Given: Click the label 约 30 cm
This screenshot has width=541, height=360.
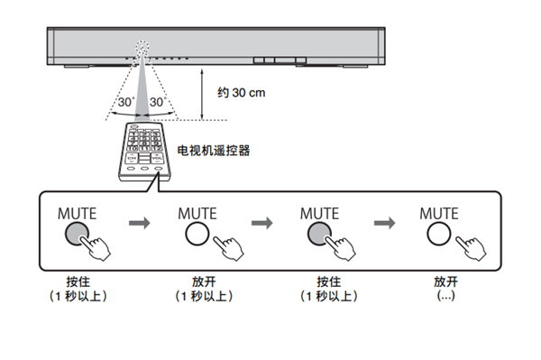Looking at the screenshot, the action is pyautogui.click(x=241, y=93).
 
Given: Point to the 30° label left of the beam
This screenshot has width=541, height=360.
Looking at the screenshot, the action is pyautogui.click(x=126, y=102).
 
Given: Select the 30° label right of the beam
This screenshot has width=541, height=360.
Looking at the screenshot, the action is pyautogui.click(x=158, y=102).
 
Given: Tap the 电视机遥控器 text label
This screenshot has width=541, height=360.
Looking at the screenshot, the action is pyautogui.click(x=213, y=151).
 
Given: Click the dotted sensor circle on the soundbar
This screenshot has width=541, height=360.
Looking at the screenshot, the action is pyautogui.click(x=142, y=46).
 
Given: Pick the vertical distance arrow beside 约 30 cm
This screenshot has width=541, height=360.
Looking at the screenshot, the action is pyautogui.click(x=202, y=94).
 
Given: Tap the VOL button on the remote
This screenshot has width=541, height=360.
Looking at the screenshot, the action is pyautogui.click(x=157, y=158).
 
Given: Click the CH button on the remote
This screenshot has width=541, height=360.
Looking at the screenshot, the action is pyautogui.click(x=132, y=158).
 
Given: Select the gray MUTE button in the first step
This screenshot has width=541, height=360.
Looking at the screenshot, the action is pyautogui.click(x=77, y=234).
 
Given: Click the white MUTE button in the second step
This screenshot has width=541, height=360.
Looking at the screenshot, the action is pyautogui.click(x=197, y=234).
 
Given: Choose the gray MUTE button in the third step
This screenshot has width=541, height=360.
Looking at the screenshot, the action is pyautogui.click(x=319, y=234).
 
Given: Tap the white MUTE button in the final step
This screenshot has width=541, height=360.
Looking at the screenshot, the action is pyautogui.click(x=439, y=234).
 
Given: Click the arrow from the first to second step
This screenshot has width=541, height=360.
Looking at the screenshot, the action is pyautogui.click(x=140, y=223).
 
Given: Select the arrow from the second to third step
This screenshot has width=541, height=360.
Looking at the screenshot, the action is pyautogui.click(x=261, y=223).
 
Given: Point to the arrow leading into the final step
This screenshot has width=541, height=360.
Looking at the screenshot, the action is pyautogui.click(x=384, y=223).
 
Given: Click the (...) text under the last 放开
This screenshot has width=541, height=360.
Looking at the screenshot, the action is pyautogui.click(x=445, y=296).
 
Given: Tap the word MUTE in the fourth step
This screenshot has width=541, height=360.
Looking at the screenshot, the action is pyautogui.click(x=439, y=214).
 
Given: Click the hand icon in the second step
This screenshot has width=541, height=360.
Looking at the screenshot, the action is pyautogui.click(x=228, y=248).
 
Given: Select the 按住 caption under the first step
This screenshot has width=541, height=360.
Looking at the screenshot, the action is pyautogui.click(x=78, y=282).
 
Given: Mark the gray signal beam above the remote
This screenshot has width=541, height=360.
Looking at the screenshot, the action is pyautogui.click(x=142, y=88).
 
